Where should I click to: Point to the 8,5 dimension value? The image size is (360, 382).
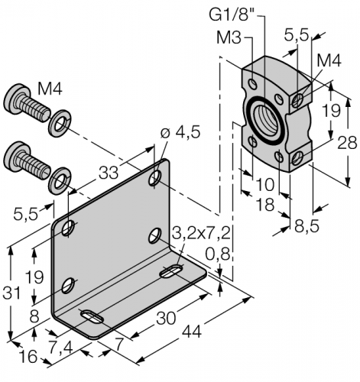pos(308,225)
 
